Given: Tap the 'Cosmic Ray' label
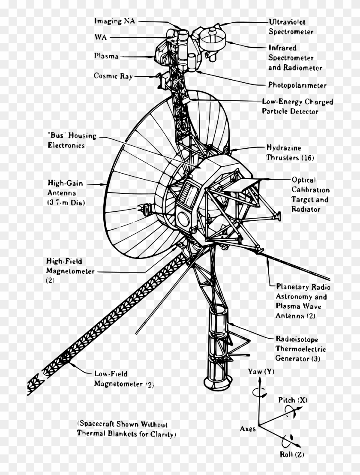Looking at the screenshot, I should point(113,76).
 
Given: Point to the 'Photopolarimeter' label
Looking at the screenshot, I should point(297,85).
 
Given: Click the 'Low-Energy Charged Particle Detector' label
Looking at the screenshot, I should point(297,107).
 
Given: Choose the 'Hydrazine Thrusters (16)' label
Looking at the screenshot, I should point(290,153).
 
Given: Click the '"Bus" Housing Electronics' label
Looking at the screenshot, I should point(72,140).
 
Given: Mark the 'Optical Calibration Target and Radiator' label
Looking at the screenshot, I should point(310,194).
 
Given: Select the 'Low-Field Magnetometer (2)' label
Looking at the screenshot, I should point(123,379).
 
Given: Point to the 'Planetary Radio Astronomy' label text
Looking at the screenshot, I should point(303,292).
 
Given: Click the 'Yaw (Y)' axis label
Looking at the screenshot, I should point(261,371).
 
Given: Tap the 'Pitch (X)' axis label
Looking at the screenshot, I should point(293,400).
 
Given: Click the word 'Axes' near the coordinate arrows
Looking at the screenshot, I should point(248,428).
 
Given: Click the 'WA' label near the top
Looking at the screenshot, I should point(101,38).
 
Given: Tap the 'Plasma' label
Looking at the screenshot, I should point(106,56).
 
